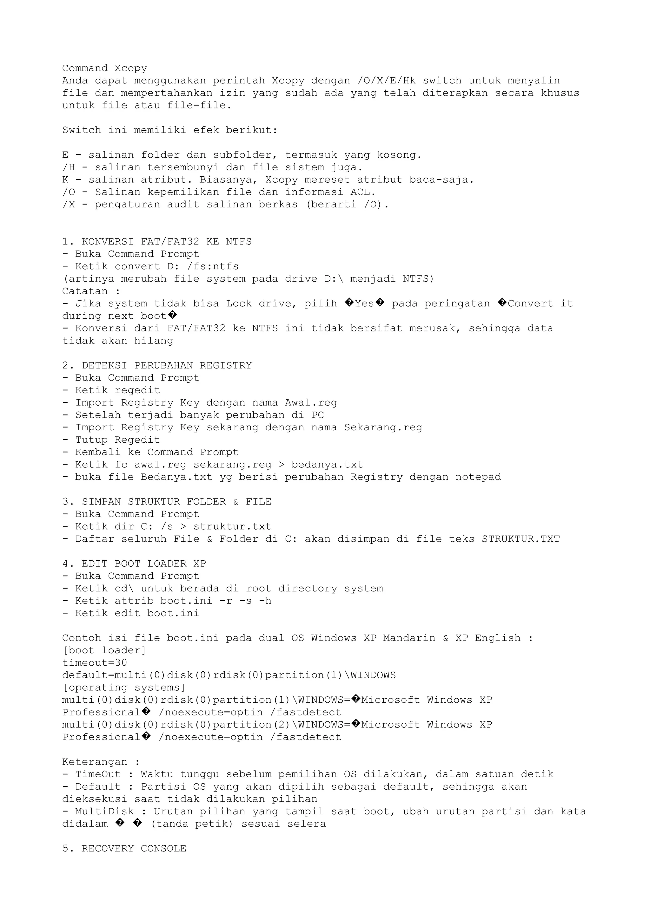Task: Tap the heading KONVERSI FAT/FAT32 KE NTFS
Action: point(167,242)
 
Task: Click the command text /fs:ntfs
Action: point(213,267)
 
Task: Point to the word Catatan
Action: point(85,291)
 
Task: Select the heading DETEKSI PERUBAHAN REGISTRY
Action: point(167,365)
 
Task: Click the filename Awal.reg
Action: point(311,403)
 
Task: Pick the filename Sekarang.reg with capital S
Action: point(383,427)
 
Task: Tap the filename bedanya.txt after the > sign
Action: point(327,465)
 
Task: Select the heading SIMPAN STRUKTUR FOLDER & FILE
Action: point(176,502)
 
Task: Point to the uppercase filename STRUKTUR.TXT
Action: point(521,539)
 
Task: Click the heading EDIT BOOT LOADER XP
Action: point(144,564)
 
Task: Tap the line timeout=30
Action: point(95,663)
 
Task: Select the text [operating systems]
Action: point(124,688)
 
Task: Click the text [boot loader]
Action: point(104,650)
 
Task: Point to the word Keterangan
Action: point(95,762)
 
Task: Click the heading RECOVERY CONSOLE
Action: point(134,849)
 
